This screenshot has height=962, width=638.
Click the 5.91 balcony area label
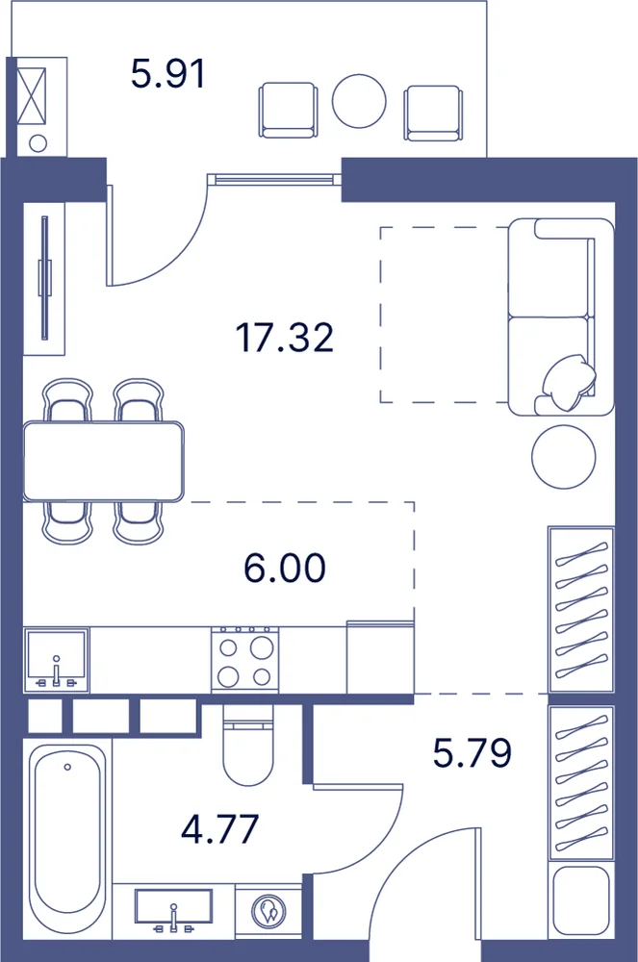[x=167, y=74]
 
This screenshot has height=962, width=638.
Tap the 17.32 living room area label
[x=285, y=338]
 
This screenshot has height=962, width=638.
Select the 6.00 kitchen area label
[x=285, y=568]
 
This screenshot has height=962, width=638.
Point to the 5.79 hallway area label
[x=472, y=752]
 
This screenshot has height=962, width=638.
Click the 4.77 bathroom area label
[x=220, y=829]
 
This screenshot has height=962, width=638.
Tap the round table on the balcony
[x=359, y=101]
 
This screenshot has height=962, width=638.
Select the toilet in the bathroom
[x=247, y=745]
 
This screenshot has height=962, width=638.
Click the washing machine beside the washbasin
[x=268, y=911]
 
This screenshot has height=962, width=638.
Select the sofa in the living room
[x=561, y=316]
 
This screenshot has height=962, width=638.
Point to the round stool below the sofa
[x=563, y=457]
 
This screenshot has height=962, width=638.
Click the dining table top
[x=103, y=462]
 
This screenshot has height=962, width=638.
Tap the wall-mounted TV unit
[x=44, y=278]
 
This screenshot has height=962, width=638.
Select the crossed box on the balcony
[x=32, y=95]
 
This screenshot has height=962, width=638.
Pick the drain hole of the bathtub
[x=66, y=767]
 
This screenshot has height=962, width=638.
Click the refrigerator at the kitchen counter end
[x=380, y=658]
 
